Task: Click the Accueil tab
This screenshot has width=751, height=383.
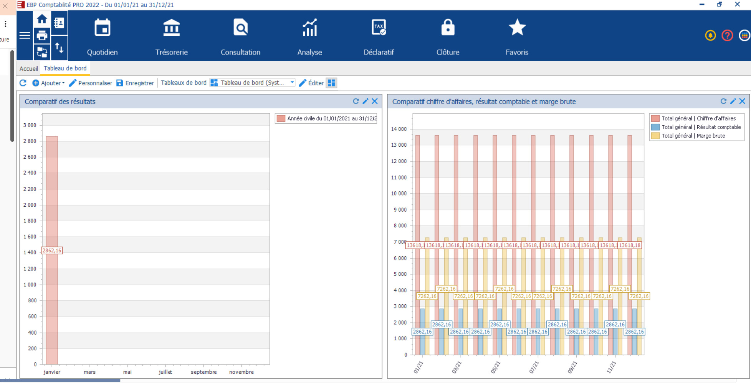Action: pyautogui.click(x=29, y=69)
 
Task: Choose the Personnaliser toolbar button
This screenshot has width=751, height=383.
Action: pyautogui.click(x=91, y=83)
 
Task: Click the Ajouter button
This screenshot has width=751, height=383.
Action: pyautogui.click(x=49, y=83)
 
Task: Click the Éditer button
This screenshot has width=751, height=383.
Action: pyautogui.click(x=311, y=83)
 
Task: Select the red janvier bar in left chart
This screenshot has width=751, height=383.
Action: pyautogui.click(x=52, y=192)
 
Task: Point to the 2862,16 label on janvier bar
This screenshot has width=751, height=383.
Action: pyautogui.click(x=52, y=250)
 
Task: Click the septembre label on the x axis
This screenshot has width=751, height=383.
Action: pyautogui.click(x=203, y=372)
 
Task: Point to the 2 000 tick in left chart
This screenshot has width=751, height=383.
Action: pyautogui.click(x=30, y=205)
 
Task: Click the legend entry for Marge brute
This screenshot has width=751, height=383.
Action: pyautogui.click(x=693, y=136)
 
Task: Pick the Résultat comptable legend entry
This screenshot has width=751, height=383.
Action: pyautogui.click(x=701, y=127)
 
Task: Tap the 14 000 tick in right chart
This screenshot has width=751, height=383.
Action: pyautogui.click(x=399, y=129)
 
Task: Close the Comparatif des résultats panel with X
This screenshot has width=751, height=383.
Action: pyautogui.click(x=375, y=101)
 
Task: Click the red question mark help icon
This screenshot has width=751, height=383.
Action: pyautogui.click(x=727, y=35)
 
